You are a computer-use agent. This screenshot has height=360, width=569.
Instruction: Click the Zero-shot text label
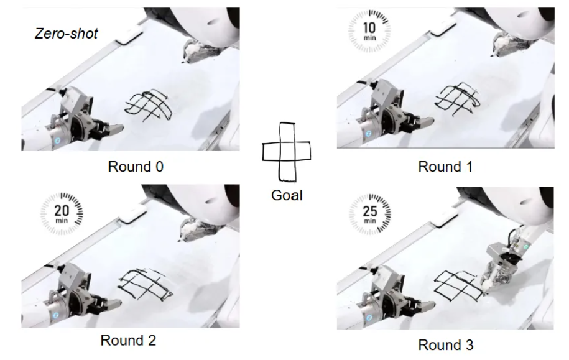click(67, 34)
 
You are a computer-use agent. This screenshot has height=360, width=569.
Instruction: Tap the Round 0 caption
click(136, 167)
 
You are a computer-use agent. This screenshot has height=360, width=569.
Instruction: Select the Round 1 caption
click(445, 167)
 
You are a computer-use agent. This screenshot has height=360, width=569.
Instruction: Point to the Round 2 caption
click(128, 340)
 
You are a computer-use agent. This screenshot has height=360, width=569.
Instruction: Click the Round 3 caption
click(446, 344)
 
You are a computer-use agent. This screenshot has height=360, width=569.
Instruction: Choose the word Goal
click(287, 195)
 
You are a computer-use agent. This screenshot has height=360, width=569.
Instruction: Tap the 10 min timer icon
click(369, 30)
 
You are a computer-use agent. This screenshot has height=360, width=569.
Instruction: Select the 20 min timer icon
click(62, 213)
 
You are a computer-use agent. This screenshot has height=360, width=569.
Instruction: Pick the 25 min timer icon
click(370, 214)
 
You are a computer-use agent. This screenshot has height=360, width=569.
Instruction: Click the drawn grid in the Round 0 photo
click(148, 106)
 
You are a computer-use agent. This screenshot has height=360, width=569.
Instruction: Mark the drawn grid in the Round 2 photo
click(145, 285)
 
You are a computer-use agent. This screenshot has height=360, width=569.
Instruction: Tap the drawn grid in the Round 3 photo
click(458, 286)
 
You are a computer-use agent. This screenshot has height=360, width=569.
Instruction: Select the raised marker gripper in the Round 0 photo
click(198, 51)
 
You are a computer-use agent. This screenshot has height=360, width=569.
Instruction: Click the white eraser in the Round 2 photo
click(133, 216)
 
